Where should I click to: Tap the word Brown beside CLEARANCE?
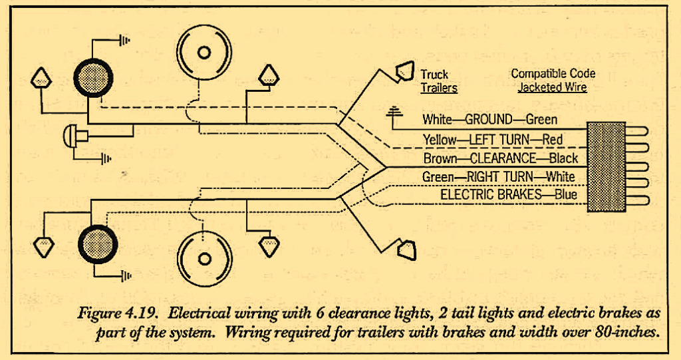pyautogui.click(x=440, y=158)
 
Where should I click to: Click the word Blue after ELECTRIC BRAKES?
pyautogui.click(x=565, y=196)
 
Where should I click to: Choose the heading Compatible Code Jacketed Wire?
pyautogui.click(x=553, y=80)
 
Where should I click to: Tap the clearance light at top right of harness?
pyautogui.click(x=404, y=72)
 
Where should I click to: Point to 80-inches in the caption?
pyautogui.click(x=626, y=329)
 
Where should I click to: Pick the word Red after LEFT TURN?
pyautogui.click(x=553, y=140)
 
